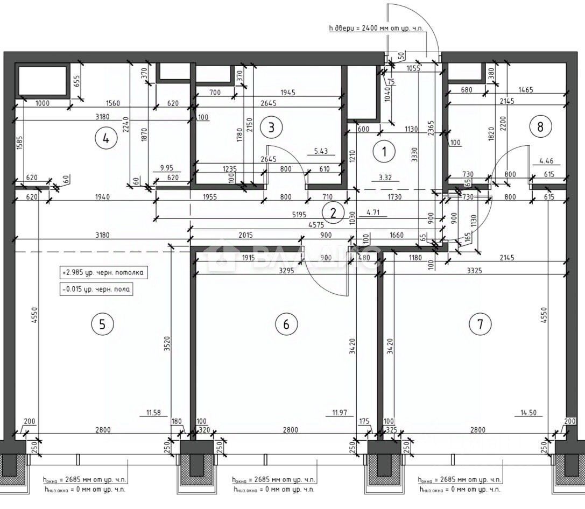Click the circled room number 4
point(106,138)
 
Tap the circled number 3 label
point(271,127)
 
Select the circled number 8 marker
point(540,126)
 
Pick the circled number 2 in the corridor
point(333,213)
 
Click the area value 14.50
point(528,413)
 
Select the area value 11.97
point(340,413)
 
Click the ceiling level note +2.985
point(103,273)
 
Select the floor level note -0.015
point(96,289)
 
